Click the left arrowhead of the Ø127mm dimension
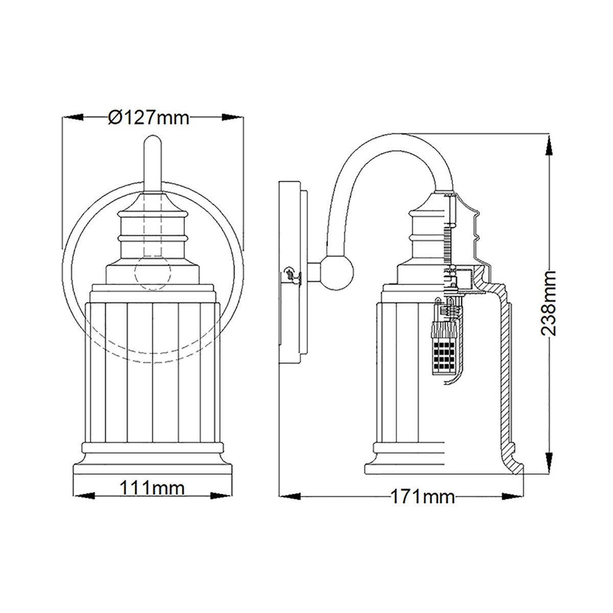tap(73, 117)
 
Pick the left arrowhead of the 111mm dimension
tap(85, 495)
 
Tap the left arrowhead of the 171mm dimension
tap(289, 496)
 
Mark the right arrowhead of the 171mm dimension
tap(513, 496)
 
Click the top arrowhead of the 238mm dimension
tap(549, 146)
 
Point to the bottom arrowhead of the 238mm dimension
tap(549, 462)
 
